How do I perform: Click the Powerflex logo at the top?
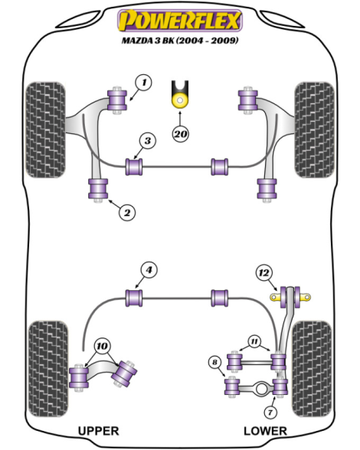(180, 20)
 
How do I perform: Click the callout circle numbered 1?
(144, 83)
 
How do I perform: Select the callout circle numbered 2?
(126, 213)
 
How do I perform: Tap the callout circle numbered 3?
(148, 141)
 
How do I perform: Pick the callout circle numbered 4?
(149, 270)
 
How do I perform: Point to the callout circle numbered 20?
(181, 134)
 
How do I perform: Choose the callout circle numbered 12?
(264, 272)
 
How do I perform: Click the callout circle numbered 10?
(103, 347)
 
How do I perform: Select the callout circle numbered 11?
(254, 341)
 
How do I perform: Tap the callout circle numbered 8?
(215, 362)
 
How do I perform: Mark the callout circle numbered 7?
(270, 412)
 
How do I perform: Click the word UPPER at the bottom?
(99, 431)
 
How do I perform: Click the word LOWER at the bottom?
(265, 431)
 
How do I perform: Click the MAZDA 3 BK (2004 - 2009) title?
(180, 41)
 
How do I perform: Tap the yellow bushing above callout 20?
(180, 100)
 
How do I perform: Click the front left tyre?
(45, 130)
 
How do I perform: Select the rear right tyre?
(312, 369)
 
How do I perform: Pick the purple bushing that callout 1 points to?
(117, 99)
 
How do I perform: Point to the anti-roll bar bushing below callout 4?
(134, 298)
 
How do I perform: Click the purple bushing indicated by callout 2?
(98, 189)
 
